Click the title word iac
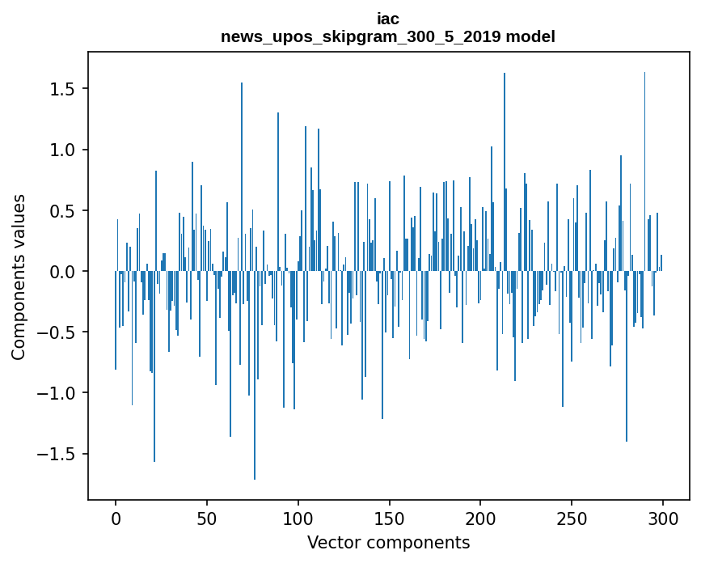[x=388, y=19]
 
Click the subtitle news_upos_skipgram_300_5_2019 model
[x=388, y=36]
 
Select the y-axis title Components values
[x=19, y=277]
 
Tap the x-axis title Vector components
[x=388, y=542]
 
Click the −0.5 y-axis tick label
[x=59, y=332]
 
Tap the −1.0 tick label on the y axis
[x=59, y=393]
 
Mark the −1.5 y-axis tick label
[x=59, y=454]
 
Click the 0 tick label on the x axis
[x=116, y=518]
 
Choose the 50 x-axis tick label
[x=207, y=518]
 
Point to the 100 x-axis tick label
[x=298, y=518]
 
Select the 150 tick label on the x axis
[x=389, y=518]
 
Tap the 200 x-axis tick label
[x=480, y=518]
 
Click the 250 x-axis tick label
[x=572, y=518]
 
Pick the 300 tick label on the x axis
[x=663, y=518]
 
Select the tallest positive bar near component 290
[x=644, y=162]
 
